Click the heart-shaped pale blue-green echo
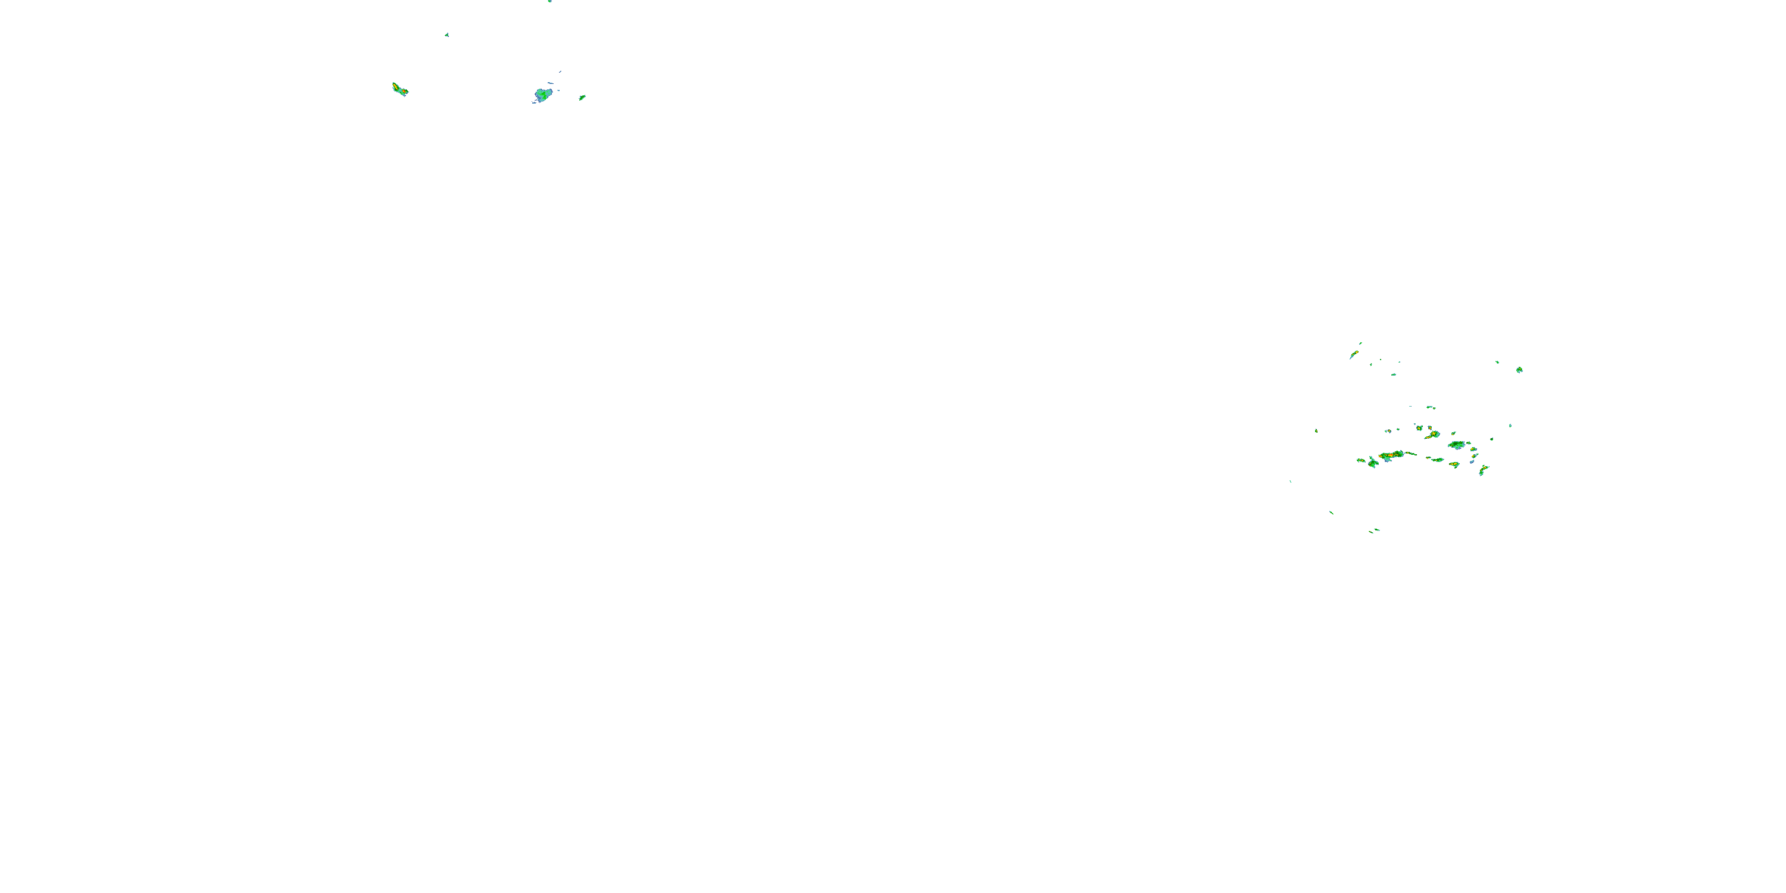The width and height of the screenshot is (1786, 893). pyautogui.click(x=543, y=94)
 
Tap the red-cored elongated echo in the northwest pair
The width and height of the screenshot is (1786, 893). pyautogui.click(x=399, y=89)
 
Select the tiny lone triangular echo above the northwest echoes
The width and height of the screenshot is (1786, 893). pyautogui.click(x=447, y=34)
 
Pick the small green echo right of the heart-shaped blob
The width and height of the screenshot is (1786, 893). pyautogui.click(x=582, y=98)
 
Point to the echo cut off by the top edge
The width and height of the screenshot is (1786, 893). pyautogui.click(x=549, y=1)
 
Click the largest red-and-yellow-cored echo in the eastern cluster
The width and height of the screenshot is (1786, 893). pyautogui.click(x=1391, y=455)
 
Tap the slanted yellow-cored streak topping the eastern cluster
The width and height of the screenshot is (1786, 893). pyautogui.click(x=1353, y=355)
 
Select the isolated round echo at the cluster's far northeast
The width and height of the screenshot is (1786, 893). pyautogui.click(x=1519, y=370)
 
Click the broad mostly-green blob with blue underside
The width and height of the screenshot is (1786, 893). pyautogui.click(x=1457, y=445)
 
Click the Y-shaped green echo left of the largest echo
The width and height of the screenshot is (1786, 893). pyautogui.click(x=1373, y=463)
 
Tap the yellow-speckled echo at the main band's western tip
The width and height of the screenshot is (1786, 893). pyautogui.click(x=1361, y=460)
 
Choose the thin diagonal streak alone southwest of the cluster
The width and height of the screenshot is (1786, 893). pyautogui.click(x=1331, y=513)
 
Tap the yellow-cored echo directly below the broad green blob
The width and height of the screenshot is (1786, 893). pyautogui.click(x=1454, y=464)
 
